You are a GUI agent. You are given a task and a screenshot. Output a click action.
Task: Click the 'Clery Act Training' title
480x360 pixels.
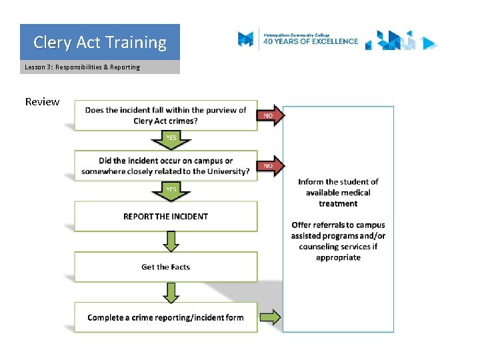pyautogui.click(x=100, y=43)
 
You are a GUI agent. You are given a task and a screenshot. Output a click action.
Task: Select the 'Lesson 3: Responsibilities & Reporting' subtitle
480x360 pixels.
pyautogui.click(x=82, y=67)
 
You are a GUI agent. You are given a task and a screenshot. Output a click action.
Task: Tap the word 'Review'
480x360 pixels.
pyautogui.click(x=42, y=102)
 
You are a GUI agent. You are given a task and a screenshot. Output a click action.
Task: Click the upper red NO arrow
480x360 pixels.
pyautogui.click(x=270, y=115)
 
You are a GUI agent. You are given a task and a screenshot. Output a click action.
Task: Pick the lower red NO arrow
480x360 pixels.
pyautogui.click(x=270, y=165)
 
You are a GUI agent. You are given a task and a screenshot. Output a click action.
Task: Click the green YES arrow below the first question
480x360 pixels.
pyautogui.click(x=171, y=139)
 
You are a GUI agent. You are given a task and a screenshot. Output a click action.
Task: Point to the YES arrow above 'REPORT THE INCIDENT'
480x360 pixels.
pyautogui.click(x=171, y=191)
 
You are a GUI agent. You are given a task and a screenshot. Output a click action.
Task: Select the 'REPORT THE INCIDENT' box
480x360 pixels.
pyautogui.click(x=165, y=216)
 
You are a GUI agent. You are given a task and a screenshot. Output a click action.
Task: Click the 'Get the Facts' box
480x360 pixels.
pyautogui.click(x=165, y=267)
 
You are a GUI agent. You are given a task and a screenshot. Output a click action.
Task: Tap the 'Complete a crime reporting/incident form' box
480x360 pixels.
pyautogui.click(x=165, y=317)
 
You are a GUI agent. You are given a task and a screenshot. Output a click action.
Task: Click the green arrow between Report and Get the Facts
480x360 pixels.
pyautogui.click(x=171, y=241)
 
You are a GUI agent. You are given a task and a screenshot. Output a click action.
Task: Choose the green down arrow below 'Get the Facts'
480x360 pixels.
pyautogui.click(x=171, y=292)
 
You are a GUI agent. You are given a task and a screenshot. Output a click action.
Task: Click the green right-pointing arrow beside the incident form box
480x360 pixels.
pyautogui.click(x=270, y=317)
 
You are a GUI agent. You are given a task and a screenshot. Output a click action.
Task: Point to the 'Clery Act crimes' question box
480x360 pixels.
pyautogui.click(x=165, y=115)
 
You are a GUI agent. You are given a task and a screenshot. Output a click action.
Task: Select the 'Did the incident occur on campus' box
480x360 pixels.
pyautogui.click(x=165, y=166)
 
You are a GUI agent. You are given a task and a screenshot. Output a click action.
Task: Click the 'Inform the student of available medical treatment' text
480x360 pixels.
pyautogui.click(x=338, y=193)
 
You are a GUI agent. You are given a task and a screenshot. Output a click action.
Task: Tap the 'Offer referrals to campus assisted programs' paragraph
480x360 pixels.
pyautogui.click(x=338, y=241)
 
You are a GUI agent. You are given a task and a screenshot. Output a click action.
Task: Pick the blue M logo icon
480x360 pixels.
pyautogui.click(x=246, y=39)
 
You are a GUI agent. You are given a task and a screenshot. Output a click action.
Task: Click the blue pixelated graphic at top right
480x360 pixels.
pyautogui.click(x=401, y=41)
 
